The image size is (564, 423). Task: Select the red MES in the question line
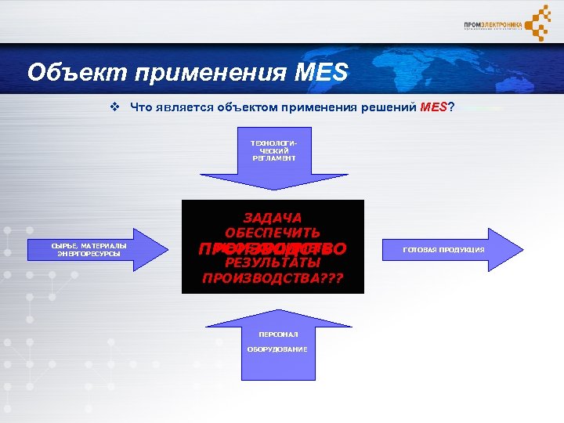[432, 107]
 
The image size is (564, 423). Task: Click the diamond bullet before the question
[114, 107]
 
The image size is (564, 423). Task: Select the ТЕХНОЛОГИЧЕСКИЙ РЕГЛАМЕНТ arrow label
[273, 150]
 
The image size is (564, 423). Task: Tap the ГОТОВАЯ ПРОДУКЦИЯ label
[444, 250]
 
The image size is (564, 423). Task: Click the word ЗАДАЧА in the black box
[273, 217]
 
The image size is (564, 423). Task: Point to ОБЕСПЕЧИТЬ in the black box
[273, 233]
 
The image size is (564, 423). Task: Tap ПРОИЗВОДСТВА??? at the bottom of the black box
[273, 278]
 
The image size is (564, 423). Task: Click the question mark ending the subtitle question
[450, 107]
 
